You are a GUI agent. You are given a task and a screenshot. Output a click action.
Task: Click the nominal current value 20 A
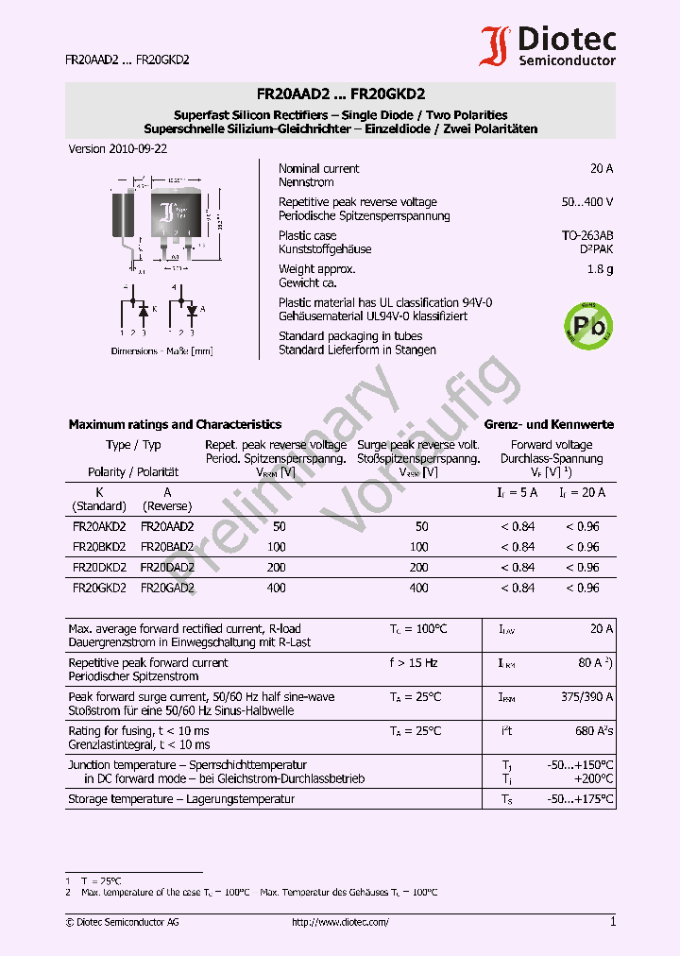[602, 168]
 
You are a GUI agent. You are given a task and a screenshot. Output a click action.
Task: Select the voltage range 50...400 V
[586, 202]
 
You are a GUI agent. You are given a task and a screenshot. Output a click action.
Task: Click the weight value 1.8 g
[602, 269]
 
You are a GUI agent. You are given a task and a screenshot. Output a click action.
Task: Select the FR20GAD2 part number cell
[167, 588]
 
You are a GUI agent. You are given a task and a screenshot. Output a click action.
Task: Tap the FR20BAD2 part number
[167, 547]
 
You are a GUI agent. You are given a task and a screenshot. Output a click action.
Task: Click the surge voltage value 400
[418, 588]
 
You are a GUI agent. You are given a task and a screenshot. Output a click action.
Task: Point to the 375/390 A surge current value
[586, 697]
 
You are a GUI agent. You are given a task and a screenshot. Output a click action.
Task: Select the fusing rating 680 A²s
[594, 731]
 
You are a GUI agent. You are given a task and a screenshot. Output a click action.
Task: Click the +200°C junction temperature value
[593, 779]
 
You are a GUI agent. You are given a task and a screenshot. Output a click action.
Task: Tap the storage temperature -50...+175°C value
[581, 799]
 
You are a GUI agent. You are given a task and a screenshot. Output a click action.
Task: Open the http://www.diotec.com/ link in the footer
[340, 922]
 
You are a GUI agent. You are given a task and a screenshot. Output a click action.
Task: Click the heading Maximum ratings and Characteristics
[175, 424]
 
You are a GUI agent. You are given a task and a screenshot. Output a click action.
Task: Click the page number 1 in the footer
[613, 922]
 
